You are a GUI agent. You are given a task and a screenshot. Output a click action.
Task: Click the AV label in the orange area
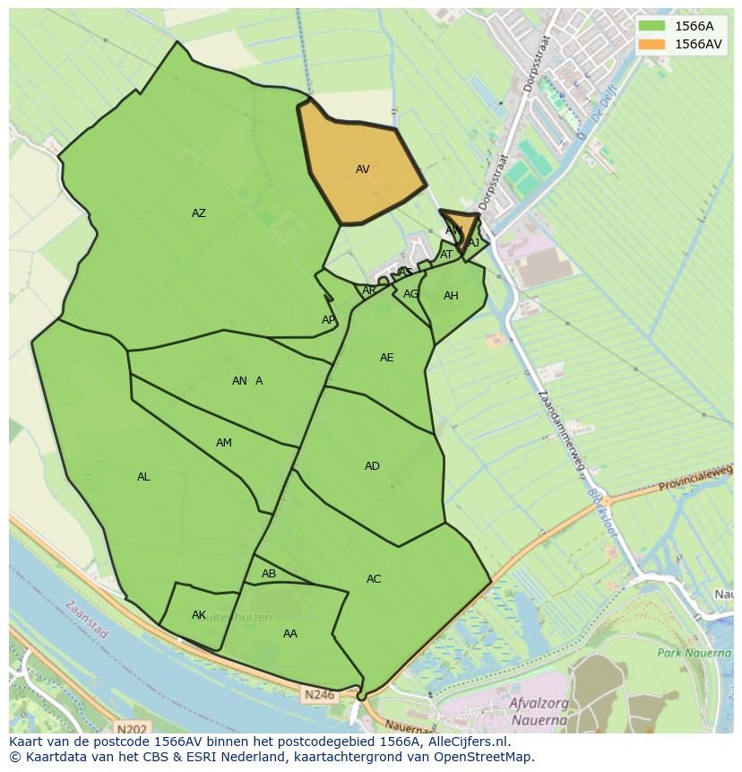click(362, 169)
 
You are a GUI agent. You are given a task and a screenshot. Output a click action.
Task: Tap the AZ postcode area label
click(199, 213)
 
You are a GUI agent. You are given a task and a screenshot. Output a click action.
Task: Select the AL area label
click(143, 477)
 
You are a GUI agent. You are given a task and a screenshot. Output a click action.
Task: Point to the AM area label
click(224, 443)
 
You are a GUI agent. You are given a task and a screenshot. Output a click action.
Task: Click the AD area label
click(372, 466)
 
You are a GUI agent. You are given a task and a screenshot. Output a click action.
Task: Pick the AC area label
click(374, 579)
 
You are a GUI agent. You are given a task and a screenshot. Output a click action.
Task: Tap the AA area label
click(290, 634)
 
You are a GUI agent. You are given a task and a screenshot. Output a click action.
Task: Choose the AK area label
click(199, 615)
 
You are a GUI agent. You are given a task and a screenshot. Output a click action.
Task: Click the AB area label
click(269, 574)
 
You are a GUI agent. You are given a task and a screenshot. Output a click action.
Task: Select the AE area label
click(386, 358)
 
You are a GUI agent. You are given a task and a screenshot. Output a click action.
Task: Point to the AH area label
click(451, 296)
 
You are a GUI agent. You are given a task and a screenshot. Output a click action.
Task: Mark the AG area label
click(410, 294)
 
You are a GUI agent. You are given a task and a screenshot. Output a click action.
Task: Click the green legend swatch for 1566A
click(651, 26)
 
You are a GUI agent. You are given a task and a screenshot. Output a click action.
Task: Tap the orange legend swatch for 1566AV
click(651, 44)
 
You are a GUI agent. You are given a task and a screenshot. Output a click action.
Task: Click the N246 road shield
click(318, 695)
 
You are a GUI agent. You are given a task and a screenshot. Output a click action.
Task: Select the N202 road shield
click(132, 730)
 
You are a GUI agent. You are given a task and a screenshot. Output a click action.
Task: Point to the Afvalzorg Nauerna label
click(538, 711)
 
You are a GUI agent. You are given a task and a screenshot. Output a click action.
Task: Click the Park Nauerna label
click(694, 653)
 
